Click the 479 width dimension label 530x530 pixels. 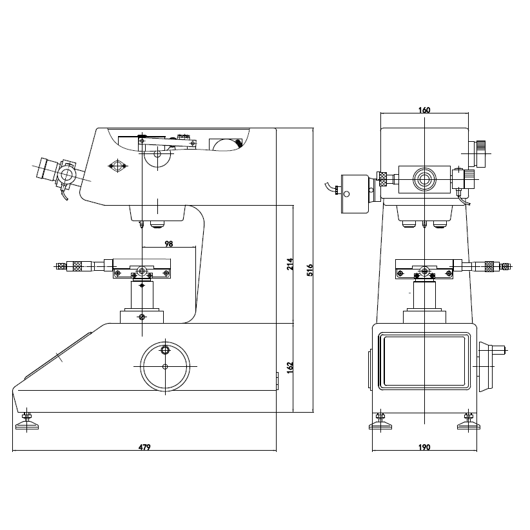tap(144, 447)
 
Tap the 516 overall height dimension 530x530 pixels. tap(310, 270)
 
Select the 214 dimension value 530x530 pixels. tap(290, 264)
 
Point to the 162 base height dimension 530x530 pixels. tap(290, 368)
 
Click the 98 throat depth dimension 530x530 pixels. tap(169, 244)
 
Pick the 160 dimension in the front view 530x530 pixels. tap(424, 110)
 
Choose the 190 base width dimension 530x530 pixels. tap(424, 447)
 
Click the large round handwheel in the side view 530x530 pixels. tap(165, 366)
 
